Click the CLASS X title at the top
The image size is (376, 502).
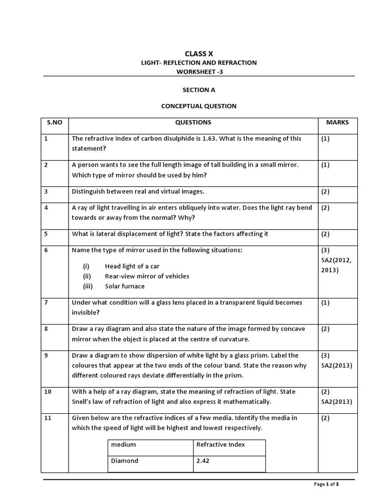point(199,53)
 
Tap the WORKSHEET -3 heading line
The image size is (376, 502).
point(199,72)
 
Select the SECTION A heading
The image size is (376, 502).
point(199,90)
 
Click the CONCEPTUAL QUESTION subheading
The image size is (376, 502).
point(199,106)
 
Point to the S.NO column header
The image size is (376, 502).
point(54,123)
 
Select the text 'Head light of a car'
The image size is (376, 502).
point(132,266)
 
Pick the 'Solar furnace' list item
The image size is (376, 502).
point(124,286)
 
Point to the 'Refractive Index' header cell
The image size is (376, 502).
point(220,445)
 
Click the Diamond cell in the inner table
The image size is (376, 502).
point(125,461)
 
